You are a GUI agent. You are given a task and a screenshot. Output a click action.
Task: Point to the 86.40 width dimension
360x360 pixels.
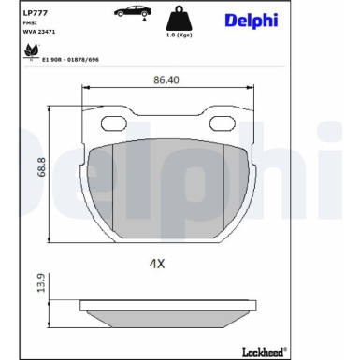166,80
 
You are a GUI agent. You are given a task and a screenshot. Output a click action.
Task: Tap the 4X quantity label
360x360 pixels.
156,264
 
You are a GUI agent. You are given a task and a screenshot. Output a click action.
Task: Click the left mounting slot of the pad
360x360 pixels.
115,122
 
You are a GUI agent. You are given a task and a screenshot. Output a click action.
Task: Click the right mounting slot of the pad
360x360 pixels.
221,122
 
